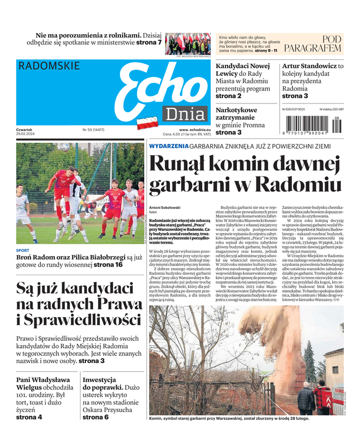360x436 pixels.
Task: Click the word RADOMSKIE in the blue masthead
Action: point(49,66)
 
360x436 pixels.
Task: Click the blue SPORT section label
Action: point(23,251)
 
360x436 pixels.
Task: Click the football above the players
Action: point(64,147)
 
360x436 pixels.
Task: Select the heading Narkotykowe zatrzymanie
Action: point(236,113)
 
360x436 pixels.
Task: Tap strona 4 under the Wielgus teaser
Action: point(29,417)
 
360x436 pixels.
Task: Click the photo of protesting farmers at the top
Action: point(188,43)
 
